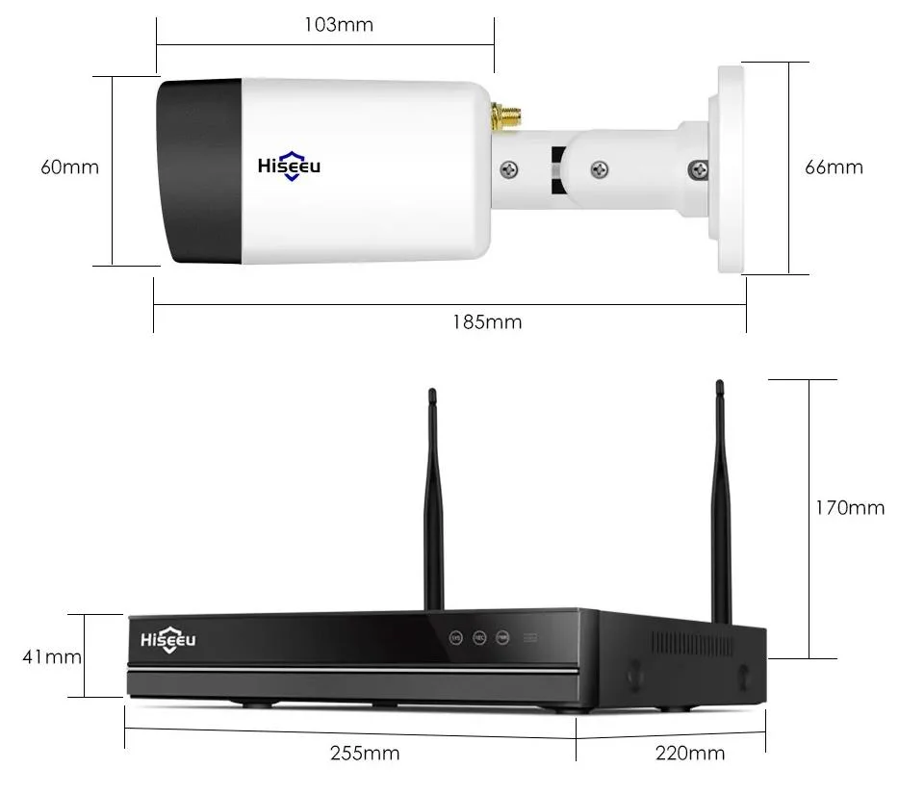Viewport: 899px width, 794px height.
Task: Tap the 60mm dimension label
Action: pos(69,166)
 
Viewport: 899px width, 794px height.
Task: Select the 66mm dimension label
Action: pos(834,166)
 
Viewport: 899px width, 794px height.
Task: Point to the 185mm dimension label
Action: pos(487,321)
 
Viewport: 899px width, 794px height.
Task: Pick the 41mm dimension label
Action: pos(52,657)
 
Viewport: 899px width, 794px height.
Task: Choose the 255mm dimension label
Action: pos(365,753)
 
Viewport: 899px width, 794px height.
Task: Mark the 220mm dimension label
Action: pos(690,753)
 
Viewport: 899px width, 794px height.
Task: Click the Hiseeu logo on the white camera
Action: pos(289,166)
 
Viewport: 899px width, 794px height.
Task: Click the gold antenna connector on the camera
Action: pos(502,117)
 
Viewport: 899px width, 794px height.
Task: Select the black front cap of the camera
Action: pos(200,171)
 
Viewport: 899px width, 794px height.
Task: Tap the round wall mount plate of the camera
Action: pos(728,166)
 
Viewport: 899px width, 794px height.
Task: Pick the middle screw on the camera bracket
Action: pos(599,169)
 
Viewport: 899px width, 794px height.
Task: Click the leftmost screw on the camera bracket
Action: pos(510,170)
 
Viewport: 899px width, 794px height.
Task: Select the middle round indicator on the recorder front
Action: pos(478,637)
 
